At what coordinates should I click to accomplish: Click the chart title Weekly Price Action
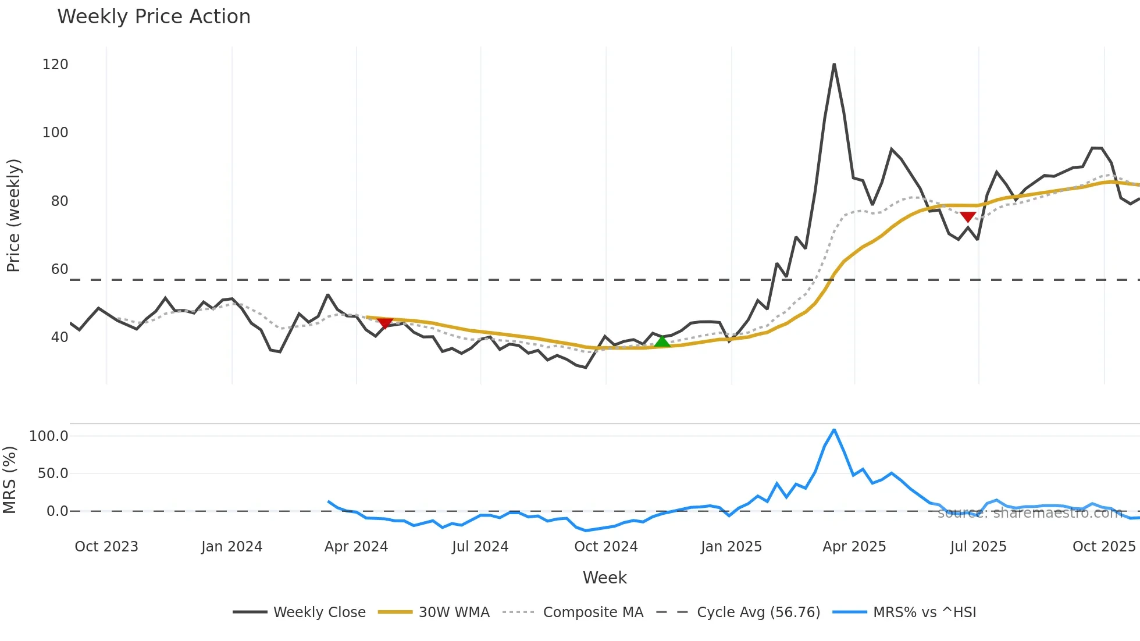pos(154,17)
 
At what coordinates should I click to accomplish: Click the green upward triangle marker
pos(662,341)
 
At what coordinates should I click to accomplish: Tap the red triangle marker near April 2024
pos(385,323)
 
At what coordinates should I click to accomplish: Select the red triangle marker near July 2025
pos(968,217)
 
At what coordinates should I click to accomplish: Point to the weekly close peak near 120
pos(834,65)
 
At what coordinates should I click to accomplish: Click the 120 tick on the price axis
pos(55,65)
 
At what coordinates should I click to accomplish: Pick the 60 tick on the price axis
pos(59,269)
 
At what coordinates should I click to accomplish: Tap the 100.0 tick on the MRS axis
pos(49,436)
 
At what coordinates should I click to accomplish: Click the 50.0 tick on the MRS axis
pos(53,473)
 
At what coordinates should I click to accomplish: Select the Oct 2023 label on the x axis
pos(106,547)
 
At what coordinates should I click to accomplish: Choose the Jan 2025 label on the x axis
pos(731,547)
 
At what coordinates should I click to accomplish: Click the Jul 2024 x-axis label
pos(480,547)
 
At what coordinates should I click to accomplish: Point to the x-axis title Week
pos(604,578)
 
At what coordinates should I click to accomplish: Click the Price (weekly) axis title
pos(13,215)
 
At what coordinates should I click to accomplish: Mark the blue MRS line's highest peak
pos(834,430)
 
